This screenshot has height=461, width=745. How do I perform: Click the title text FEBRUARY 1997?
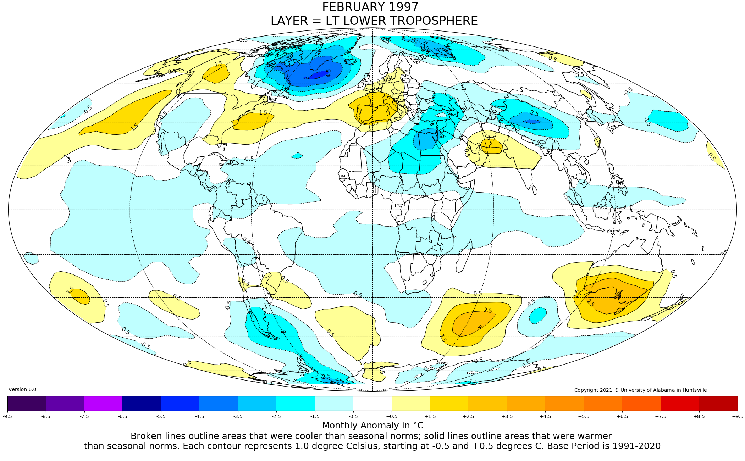coord(370,7)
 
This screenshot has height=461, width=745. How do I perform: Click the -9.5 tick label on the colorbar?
coord(7,416)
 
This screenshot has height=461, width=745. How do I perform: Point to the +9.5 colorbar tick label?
coord(737,416)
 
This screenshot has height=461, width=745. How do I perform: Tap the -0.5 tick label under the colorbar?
coord(353,416)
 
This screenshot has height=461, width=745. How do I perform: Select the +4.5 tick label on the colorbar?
coord(545,416)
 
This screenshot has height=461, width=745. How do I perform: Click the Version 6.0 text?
coord(22,389)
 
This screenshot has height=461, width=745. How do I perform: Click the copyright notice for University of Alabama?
coord(640,390)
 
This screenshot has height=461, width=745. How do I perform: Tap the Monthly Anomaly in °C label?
coord(372,425)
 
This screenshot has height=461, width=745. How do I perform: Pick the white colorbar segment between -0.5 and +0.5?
coord(372,403)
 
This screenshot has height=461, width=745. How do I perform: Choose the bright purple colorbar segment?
coord(103,403)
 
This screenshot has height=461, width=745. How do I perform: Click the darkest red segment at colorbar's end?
coord(718,403)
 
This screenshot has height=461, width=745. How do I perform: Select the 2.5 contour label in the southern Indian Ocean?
coord(488,310)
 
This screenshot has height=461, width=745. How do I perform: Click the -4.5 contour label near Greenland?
coord(329,73)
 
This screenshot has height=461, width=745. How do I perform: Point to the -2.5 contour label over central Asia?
coord(534,113)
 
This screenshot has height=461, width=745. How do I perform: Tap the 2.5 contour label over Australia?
coord(590,303)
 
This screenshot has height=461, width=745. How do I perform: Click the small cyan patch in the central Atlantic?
coord(297,155)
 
